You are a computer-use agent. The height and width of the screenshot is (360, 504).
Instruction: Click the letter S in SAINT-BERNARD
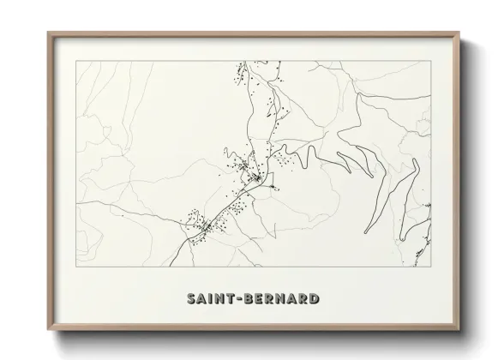(191, 299)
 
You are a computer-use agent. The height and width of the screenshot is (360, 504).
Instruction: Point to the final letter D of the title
(315, 299)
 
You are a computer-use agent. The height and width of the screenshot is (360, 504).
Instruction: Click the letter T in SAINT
(231, 299)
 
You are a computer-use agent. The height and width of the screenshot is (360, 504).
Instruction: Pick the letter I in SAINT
(211, 299)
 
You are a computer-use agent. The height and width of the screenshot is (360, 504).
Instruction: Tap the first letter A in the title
(201, 299)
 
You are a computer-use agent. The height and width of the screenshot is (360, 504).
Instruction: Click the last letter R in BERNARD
(304, 299)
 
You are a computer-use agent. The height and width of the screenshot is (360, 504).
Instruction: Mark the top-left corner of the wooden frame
(47, 33)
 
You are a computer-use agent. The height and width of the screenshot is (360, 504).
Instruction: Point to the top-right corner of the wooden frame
(460, 33)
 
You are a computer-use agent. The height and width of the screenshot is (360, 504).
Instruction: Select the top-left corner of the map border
(77, 61)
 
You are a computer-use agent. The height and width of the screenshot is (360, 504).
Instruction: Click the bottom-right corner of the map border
(429, 267)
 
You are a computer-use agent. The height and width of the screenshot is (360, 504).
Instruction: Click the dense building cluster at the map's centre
(253, 175)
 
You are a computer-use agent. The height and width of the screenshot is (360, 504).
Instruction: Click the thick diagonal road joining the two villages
(230, 204)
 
